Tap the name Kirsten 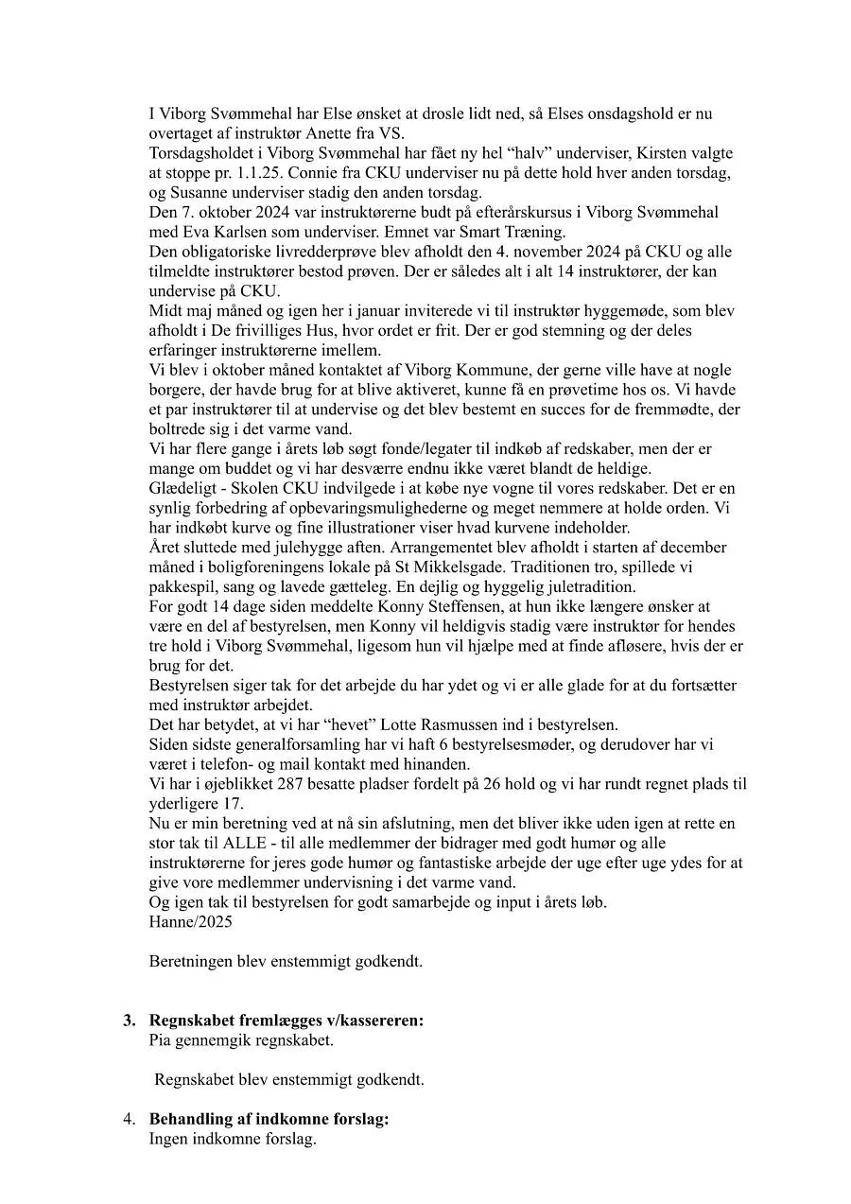point(667,152)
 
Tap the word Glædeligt point(186,488)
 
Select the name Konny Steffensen point(387,606)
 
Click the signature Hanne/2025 point(190,921)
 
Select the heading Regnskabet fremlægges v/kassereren point(287,1021)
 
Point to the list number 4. point(130,1119)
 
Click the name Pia point(162,1040)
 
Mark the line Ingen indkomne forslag point(233,1139)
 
